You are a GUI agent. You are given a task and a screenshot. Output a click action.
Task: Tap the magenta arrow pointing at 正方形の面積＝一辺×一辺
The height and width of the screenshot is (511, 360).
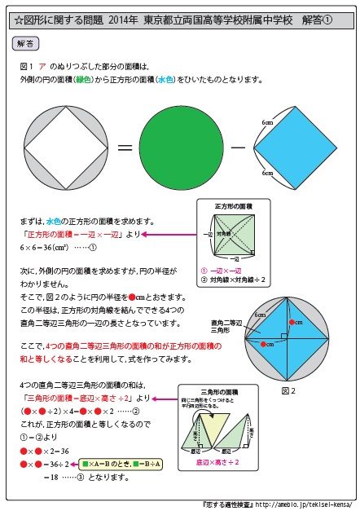pyautogui.click(x=167, y=234)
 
